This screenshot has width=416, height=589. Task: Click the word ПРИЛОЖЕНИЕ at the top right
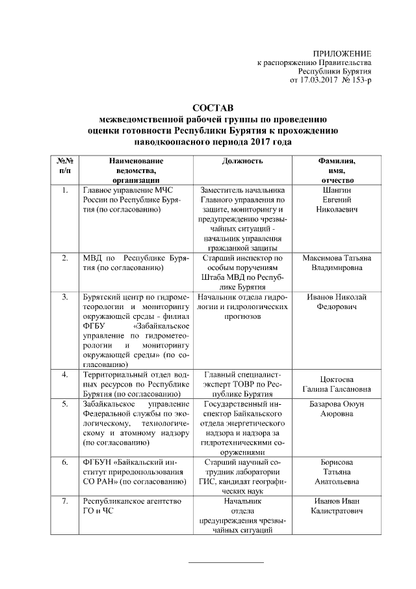(x=342, y=53)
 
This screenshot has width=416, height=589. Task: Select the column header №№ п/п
(x=64, y=165)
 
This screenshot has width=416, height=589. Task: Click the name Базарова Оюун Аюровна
(x=336, y=408)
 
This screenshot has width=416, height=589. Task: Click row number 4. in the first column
(x=64, y=375)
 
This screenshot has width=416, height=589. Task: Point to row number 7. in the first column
(x=64, y=501)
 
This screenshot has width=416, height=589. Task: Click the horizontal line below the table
(x=226, y=561)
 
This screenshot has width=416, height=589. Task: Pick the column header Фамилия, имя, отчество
(x=336, y=169)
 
